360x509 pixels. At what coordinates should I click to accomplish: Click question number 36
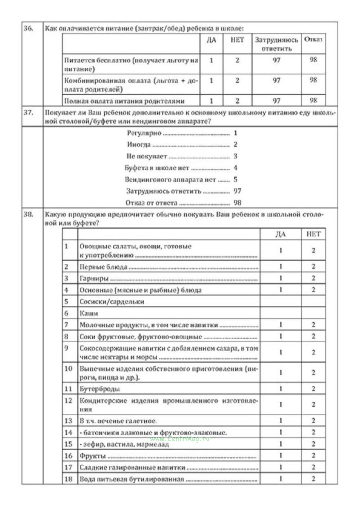tap(29, 29)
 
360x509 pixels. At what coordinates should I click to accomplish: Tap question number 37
tap(29, 113)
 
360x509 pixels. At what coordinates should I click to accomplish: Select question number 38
tap(29, 215)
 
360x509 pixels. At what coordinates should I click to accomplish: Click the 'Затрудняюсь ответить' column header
tap(276, 44)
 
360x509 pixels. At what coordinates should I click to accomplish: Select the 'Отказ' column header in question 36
tap(313, 40)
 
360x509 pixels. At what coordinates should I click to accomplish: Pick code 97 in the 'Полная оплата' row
tap(276, 101)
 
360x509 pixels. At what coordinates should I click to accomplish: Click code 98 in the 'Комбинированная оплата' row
tap(313, 80)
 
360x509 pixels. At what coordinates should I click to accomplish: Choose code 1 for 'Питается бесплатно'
tap(211, 60)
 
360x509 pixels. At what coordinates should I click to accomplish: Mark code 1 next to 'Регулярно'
tap(235, 133)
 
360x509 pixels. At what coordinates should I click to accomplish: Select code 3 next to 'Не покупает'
tap(235, 156)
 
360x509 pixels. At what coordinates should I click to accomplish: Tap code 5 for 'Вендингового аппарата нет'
tap(235, 179)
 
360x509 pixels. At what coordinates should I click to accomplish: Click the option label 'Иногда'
tap(139, 145)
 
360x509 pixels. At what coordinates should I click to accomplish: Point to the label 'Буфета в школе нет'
tap(157, 168)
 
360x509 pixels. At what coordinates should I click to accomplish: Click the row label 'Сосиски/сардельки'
tap(112, 302)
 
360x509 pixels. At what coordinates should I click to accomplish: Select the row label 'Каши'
tap(89, 313)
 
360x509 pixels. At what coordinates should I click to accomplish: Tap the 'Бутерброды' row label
tap(100, 389)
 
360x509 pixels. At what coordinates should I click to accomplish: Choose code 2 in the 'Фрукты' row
tap(313, 456)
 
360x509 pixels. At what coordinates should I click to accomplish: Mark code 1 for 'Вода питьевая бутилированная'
tap(281, 479)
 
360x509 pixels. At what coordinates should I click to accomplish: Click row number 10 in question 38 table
tap(68, 369)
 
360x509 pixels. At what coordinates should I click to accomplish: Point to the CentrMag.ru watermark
tap(180, 439)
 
